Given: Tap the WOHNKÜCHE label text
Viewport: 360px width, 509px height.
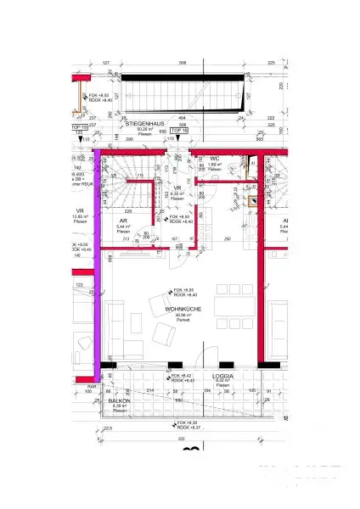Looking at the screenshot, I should [182, 311].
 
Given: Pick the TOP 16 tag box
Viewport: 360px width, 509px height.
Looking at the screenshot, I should [177, 131].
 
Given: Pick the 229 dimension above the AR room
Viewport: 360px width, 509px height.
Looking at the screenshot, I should [127, 211].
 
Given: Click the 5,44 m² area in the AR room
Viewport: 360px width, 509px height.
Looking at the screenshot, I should [123, 227].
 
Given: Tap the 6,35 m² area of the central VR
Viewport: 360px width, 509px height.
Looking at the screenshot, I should [177, 193].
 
